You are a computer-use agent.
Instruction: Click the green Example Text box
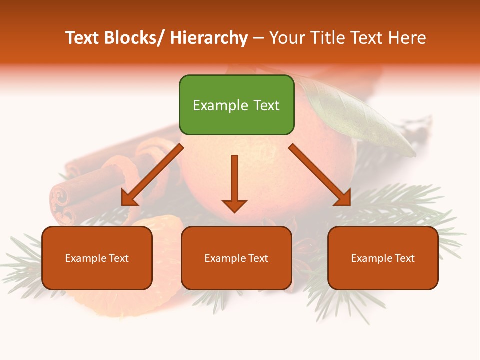coord(236,105)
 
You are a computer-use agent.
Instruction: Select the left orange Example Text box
coord(97,258)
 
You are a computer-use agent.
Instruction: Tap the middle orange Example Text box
coord(236,258)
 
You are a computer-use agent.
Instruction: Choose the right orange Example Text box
coord(383,258)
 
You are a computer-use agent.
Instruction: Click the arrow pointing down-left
coord(152,175)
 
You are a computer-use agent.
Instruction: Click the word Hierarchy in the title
coord(208,38)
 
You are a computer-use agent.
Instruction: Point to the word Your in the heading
coord(286,38)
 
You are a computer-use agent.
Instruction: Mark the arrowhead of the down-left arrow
coord(129,199)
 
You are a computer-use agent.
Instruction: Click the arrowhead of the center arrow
coord(234,205)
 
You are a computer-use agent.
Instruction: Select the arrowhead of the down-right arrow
coord(343,198)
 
